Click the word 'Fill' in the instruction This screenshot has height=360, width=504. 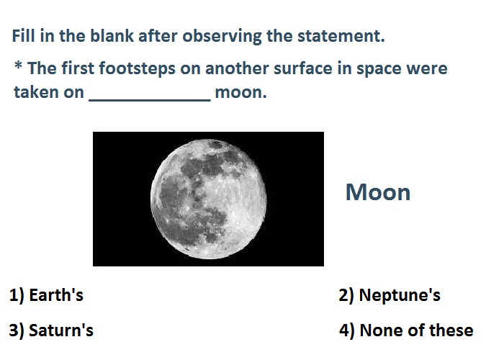coord(23,35)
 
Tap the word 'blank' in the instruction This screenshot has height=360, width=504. coord(112,35)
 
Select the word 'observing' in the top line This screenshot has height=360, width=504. coord(222,37)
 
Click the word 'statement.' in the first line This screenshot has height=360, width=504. coord(341,36)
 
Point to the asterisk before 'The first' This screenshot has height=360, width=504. coord(19,66)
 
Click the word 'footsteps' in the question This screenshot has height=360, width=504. coord(138,69)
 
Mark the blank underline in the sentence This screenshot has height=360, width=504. coord(150,101)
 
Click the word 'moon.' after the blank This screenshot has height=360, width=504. coord(240,93)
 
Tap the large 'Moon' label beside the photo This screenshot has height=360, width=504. coord(378,192)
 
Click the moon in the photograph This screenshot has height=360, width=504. coord(208,199)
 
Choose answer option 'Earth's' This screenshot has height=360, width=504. coord(56,295)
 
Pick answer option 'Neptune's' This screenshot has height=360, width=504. coord(400,295)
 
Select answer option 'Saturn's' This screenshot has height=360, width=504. coord(61,330)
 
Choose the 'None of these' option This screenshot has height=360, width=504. coord(416,330)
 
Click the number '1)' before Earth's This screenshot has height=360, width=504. coord(17,295)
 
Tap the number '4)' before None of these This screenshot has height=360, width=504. coord(346,330)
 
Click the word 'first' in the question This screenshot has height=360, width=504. coord(78,68)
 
